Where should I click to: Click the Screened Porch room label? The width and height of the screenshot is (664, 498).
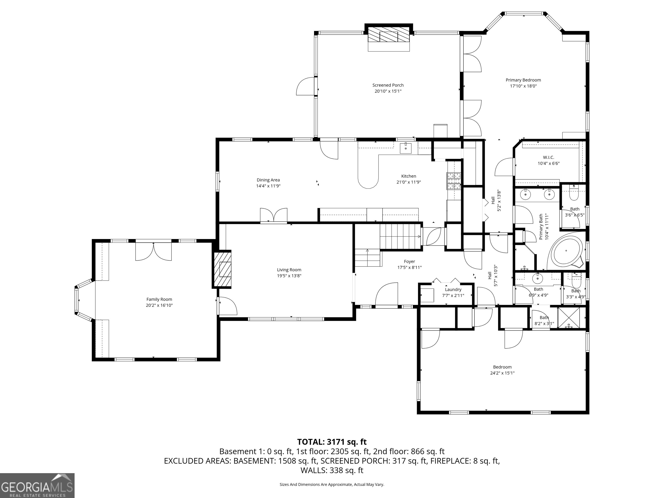[388, 85]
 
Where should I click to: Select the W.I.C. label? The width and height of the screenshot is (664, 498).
[548, 157]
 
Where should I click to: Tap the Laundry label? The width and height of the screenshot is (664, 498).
[453, 289]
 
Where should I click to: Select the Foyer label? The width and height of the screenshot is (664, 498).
[409, 262]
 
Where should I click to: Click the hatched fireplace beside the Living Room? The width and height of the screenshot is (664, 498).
[222, 269]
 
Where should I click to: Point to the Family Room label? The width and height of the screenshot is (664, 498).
[159, 299]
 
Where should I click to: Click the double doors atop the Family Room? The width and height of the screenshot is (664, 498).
[153, 252]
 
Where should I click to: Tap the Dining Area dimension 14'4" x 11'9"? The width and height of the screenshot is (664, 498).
[268, 186]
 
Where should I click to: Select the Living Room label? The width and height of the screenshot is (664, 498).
[289, 270]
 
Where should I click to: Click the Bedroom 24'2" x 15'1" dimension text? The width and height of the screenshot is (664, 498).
[502, 373]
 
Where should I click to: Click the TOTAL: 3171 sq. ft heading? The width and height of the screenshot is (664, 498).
[332, 442]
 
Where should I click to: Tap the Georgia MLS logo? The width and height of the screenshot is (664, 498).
[37, 485]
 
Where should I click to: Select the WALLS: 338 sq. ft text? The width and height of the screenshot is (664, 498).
[332, 470]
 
